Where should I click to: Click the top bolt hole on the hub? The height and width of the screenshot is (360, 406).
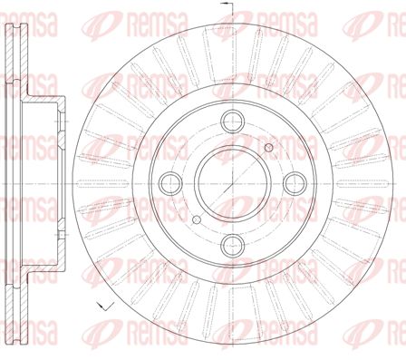click(232, 122)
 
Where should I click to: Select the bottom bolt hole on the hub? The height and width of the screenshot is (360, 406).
click(232, 245)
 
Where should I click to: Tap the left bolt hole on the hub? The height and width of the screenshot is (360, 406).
click(170, 183)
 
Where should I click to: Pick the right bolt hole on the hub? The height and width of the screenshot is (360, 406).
click(295, 183)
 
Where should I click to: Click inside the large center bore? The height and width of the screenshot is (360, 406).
click(232, 183)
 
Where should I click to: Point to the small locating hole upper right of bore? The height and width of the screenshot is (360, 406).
click(268, 148)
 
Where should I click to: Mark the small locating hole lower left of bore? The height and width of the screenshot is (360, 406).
click(197, 219)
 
